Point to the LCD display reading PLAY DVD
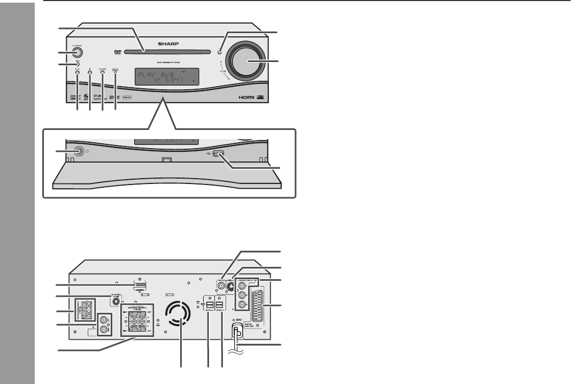point(166,77)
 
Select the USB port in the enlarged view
point(217,155)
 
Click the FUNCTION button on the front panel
point(102,72)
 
